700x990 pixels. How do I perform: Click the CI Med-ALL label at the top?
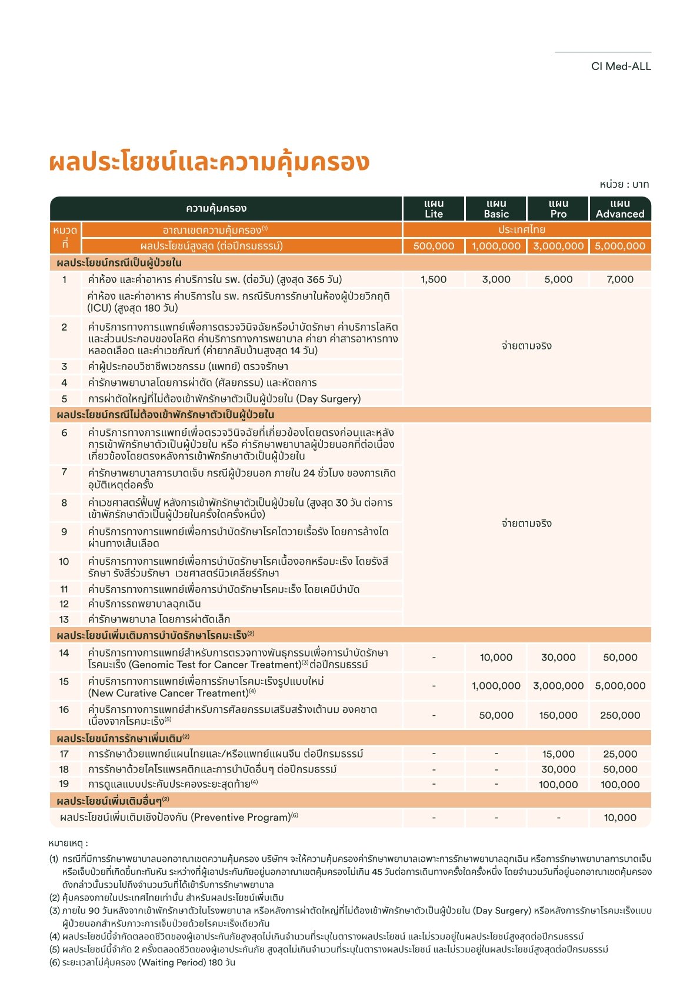(x=621, y=66)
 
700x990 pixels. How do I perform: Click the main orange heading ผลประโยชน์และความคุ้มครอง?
(x=209, y=162)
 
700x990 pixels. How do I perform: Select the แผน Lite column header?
(x=434, y=209)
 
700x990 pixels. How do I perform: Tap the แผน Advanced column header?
(x=620, y=209)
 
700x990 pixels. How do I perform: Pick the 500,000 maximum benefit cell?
(x=434, y=246)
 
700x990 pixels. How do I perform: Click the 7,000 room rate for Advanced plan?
(x=620, y=279)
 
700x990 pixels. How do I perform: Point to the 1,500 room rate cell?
(x=434, y=279)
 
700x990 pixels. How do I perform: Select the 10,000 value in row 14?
(x=496, y=658)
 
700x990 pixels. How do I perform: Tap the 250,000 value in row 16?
(x=620, y=715)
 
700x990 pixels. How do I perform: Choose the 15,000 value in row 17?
(x=558, y=754)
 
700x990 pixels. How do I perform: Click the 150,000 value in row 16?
(x=558, y=715)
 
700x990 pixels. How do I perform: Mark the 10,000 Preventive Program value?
(x=620, y=818)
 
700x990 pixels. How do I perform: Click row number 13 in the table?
(x=64, y=619)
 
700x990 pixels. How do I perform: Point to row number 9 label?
(x=64, y=532)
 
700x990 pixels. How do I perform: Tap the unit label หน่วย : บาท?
(x=624, y=184)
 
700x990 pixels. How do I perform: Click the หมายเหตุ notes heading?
(x=68, y=844)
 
